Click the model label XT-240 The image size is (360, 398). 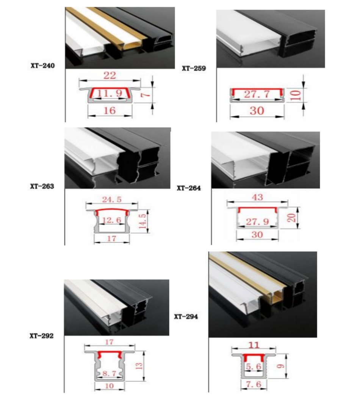click(x=42, y=66)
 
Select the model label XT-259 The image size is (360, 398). click(x=194, y=69)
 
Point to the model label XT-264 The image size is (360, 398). click(x=189, y=188)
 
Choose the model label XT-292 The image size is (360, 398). click(x=41, y=335)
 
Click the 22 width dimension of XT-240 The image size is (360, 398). click(x=110, y=76)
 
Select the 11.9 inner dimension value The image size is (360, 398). click(x=110, y=93)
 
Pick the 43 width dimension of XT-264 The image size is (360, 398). click(x=257, y=197)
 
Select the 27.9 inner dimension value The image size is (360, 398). click(x=257, y=221)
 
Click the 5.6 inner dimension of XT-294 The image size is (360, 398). click(x=253, y=367)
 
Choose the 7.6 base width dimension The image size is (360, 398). click(x=253, y=385)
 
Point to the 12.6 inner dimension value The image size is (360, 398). click(x=111, y=220)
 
